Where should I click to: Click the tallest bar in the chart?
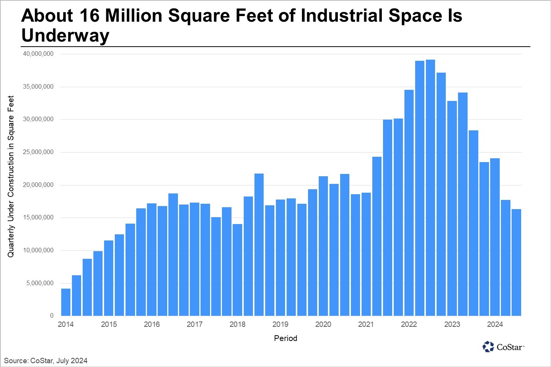(430, 187)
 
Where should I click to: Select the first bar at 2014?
(66, 302)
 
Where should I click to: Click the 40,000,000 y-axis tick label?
(38, 54)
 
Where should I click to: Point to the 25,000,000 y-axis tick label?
(38, 152)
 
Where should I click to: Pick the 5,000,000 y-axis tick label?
(40, 283)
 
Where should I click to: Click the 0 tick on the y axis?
(52, 316)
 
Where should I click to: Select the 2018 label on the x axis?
(237, 325)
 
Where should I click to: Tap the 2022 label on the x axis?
(409, 325)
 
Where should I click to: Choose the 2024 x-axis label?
(495, 325)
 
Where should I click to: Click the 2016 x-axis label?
(152, 325)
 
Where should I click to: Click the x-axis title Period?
(285, 338)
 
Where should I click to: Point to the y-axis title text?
(11, 176)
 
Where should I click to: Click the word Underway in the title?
(65, 36)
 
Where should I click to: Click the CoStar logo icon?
(488, 347)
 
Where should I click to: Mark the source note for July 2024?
(46, 361)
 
